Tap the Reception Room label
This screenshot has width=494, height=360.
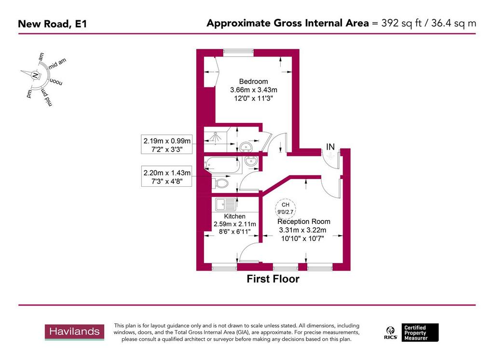pos(303,222)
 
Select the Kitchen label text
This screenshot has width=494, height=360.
pos(235,216)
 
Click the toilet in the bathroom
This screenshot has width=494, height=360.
pos(222,183)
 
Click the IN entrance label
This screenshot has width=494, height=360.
pos(330,146)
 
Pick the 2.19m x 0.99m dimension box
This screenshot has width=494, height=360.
pos(167,145)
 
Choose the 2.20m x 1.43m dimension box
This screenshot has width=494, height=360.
pos(167,177)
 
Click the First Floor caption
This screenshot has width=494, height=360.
pos(273,279)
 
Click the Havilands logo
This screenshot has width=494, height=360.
pos(75,332)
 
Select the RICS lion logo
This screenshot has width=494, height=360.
pos(390,332)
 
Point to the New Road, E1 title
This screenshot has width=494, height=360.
pos(53,23)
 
